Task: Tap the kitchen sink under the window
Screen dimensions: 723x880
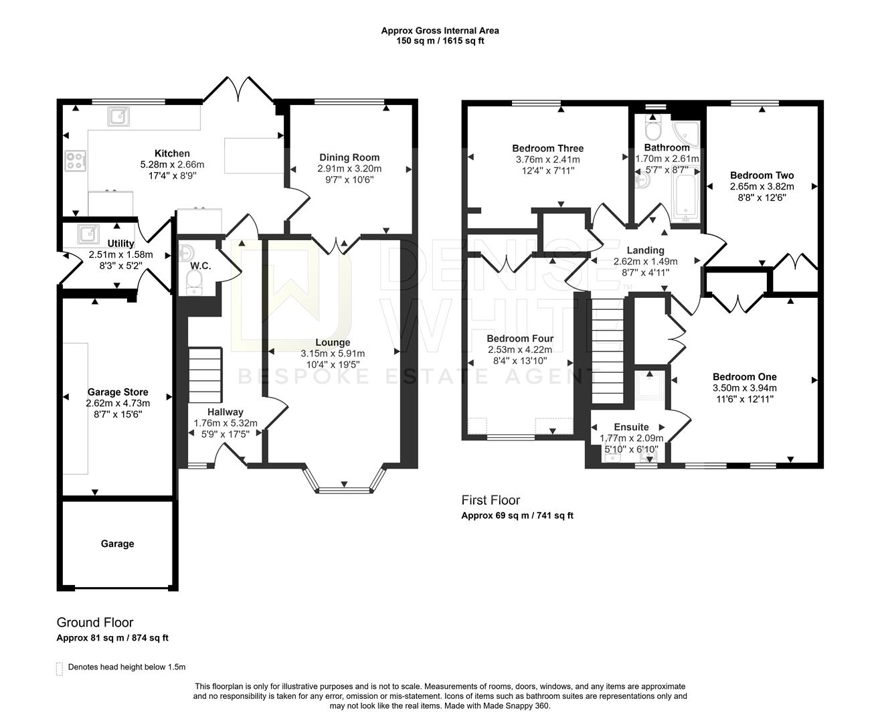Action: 118,117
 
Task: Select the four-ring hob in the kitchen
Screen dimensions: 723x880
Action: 75,161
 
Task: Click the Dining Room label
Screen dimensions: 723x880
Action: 349,157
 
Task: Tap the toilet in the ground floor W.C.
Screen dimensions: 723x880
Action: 191,286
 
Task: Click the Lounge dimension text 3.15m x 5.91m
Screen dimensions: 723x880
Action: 333,353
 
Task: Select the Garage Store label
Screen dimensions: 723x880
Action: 118,392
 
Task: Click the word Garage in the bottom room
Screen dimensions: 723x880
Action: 117,544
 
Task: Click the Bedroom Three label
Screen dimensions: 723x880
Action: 547,149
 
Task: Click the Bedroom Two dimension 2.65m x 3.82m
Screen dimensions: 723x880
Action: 762,187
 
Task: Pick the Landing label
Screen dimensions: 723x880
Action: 645,250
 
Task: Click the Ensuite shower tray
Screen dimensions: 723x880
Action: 647,386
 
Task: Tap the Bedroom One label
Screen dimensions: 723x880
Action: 744,377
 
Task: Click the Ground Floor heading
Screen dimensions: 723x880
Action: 95,623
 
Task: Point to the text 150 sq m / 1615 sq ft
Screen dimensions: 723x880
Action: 440,41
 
